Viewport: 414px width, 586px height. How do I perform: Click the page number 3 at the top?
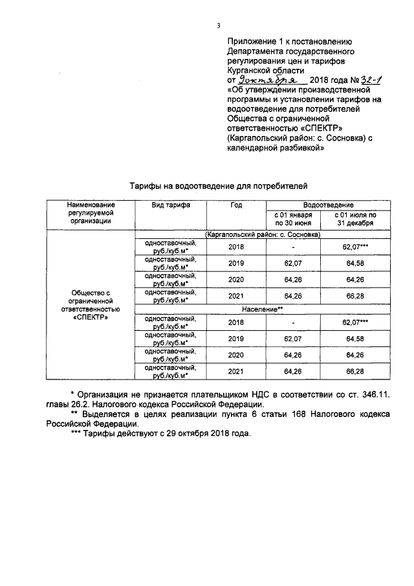(x=219, y=25)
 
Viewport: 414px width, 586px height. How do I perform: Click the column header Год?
(x=235, y=205)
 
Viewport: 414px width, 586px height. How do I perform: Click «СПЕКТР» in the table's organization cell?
(x=91, y=318)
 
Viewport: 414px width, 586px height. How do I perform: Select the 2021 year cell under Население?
(x=236, y=372)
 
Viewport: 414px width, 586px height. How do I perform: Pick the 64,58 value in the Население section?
(x=355, y=338)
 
